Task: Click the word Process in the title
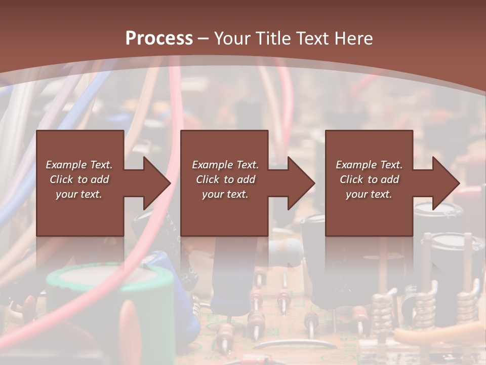pos(159,39)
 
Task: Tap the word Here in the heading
pos(354,39)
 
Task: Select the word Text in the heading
pos(313,39)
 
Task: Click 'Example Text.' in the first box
pos(79,165)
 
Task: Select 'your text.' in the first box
pos(79,194)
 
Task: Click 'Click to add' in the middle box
pos(225,179)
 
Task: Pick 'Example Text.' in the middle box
pos(225,165)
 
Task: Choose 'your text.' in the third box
pos(369,194)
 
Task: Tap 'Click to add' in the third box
pos(369,179)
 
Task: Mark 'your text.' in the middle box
pos(225,194)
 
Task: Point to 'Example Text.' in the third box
pos(369,165)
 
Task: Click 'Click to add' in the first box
pos(79,179)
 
